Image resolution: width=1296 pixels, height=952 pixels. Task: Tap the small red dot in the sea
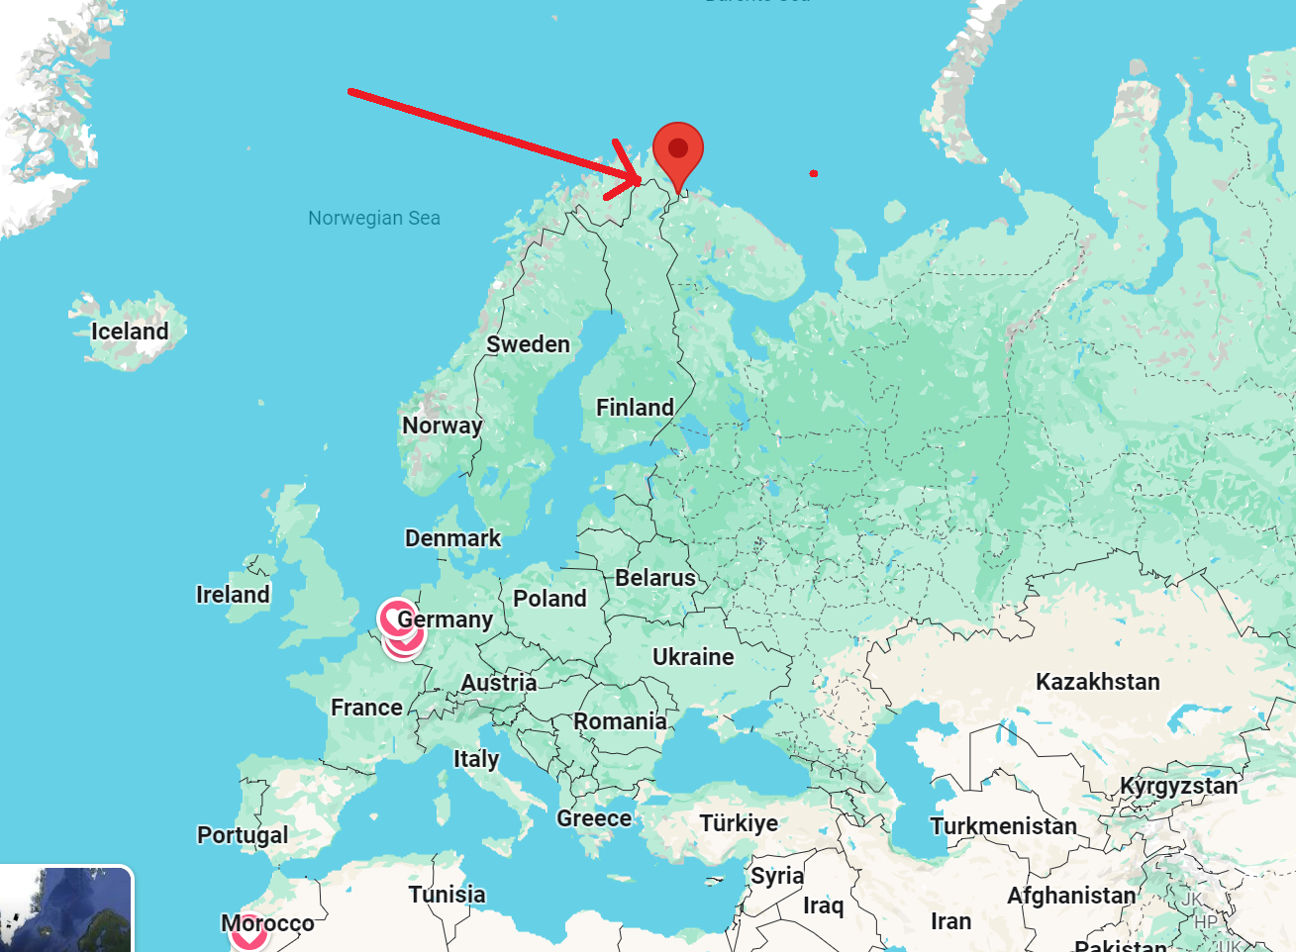click(x=814, y=174)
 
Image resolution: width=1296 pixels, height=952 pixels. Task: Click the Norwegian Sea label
click(x=374, y=218)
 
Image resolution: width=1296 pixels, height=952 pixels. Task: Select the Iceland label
click(x=130, y=332)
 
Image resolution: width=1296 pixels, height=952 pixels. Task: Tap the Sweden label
click(x=528, y=344)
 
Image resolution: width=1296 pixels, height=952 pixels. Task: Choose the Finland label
click(x=635, y=408)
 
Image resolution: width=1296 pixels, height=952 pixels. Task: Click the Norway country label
click(x=442, y=426)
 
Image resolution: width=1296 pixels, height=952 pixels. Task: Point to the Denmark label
click(x=452, y=538)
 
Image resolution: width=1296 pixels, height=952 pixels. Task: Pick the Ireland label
click(x=233, y=595)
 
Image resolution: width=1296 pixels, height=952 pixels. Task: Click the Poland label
click(x=549, y=599)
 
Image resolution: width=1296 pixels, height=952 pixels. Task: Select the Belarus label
click(x=655, y=578)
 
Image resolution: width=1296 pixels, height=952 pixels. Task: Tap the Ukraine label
click(x=693, y=657)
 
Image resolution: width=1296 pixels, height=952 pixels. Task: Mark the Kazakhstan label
click(x=1097, y=682)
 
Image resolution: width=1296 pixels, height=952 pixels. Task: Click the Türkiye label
click(x=739, y=823)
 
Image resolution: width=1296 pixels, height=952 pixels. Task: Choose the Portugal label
click(x=243, y=835)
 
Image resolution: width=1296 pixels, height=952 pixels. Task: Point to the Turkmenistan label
click(x=1003, y=826)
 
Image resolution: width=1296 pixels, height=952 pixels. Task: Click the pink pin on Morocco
click(x=249, y=935)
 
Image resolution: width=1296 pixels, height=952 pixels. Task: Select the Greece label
click(x=594, y=819)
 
